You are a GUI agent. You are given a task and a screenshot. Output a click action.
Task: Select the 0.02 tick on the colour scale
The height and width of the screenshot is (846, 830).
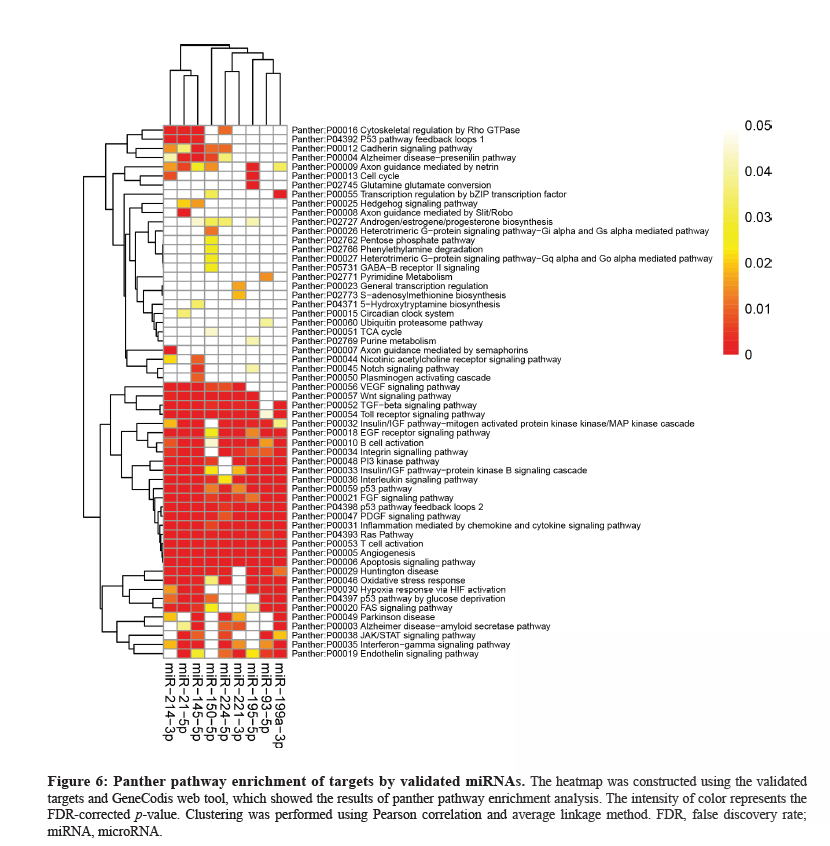click(x=758, y=262)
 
